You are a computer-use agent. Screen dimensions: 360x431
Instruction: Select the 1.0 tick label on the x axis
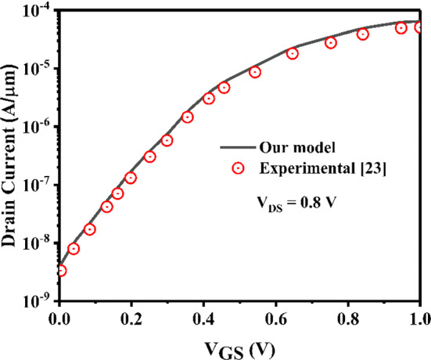click(x=420, y=319)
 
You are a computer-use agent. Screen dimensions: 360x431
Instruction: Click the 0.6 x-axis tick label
click(x=275, y=319)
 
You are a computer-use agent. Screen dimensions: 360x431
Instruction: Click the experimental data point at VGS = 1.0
click(x=420, y=27)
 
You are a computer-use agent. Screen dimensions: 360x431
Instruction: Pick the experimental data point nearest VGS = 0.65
click(x=293, y=53)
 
